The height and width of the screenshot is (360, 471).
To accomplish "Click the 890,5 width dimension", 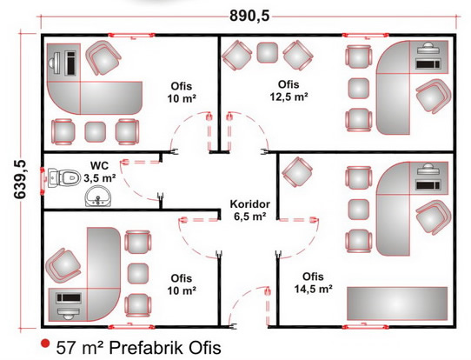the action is pyautogui.click(x=249, y=16).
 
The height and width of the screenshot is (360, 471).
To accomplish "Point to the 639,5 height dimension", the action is pyautogui.click(x=20, y=179).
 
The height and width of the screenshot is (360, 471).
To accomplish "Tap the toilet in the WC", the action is pyautogui.click(x=64, y=177).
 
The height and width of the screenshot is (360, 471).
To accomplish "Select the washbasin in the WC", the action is pyautogui.click(x=98, y=197).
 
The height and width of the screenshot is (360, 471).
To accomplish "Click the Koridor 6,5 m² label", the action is pyautogui.click(x=250, y=210).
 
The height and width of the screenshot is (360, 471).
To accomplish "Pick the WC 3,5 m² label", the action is pyautogui.click(x=100, y=172).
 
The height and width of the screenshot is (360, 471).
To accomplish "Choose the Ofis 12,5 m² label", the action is pyautogui.click(x=289, y=90).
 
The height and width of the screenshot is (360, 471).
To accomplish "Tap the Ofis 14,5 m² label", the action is pyautogui.click(x=313, y=283).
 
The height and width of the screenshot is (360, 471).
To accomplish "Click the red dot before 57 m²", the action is pyautogui.click(x=45, y=343).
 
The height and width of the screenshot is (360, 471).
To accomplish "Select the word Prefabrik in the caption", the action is pyautogui.click(x=147, y=348).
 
